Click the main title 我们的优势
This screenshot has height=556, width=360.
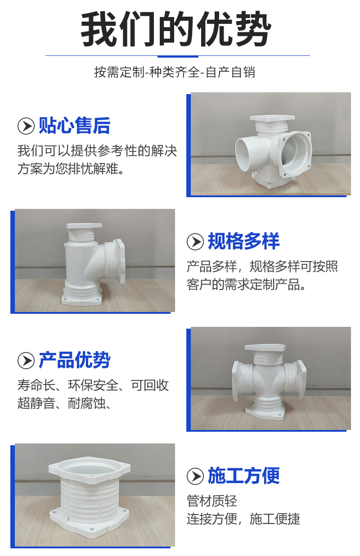(175, 29)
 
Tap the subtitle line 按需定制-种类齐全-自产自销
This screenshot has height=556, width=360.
(175, 72)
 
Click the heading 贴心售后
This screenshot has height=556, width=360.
(74, 126)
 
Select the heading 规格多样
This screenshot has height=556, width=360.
(243, 241)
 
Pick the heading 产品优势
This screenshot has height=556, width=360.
(74, 360)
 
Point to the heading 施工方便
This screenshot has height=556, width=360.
(243, 475)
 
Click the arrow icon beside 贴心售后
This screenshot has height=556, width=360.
(26, 126)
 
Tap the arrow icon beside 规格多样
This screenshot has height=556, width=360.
(195, 241)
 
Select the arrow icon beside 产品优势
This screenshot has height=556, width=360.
(26, 361)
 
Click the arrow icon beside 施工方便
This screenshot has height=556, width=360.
(195, 476)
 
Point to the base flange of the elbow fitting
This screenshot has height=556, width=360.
(82, 299)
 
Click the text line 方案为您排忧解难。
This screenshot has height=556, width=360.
(71, 169)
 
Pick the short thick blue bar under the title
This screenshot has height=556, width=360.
(178, 56)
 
